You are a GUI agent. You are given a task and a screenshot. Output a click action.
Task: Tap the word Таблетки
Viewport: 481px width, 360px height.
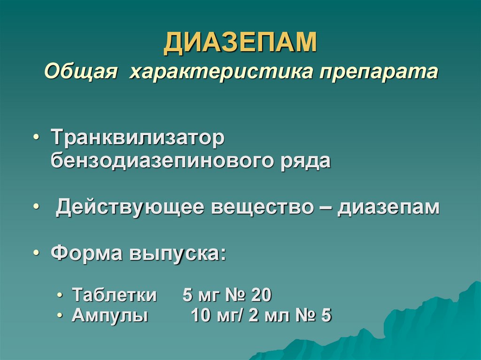tap(114, 295)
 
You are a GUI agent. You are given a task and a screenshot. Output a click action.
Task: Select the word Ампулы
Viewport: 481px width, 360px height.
tap(110, 316)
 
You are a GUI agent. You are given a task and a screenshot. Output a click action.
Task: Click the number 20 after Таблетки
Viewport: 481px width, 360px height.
tap(262, 295)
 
